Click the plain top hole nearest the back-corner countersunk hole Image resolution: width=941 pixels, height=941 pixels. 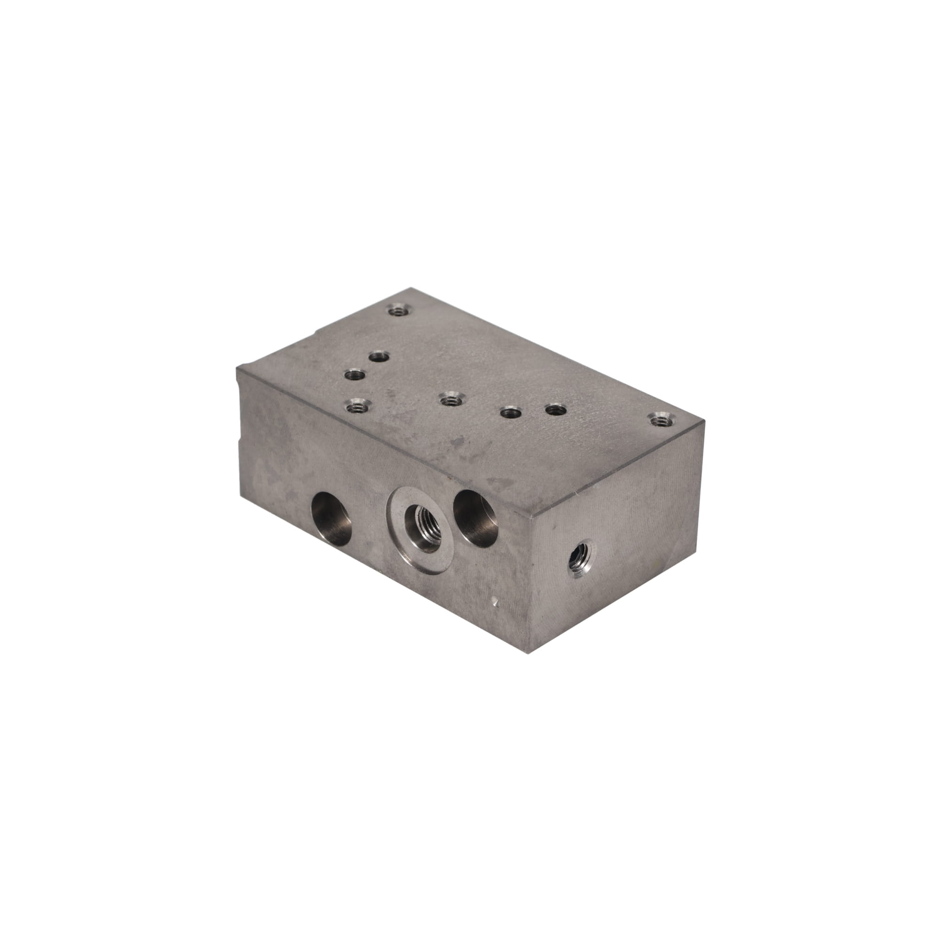[x=378, y=357]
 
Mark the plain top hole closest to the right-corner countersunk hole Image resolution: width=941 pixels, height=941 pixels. [x=555, y=410]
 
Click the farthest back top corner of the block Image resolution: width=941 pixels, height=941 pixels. [x=413, y=289]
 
